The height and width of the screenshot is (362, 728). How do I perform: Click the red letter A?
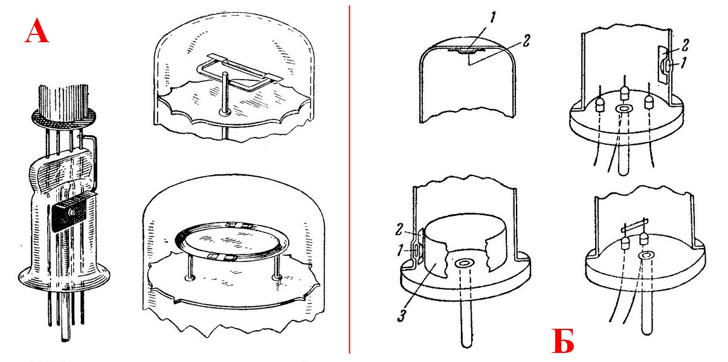pyautogui.click(x=37, y=30)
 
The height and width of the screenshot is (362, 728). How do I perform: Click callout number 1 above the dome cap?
pyautogui.click(x=493, y=17)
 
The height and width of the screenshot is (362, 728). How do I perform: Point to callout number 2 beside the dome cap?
pyautogui.click(x=526, y=40)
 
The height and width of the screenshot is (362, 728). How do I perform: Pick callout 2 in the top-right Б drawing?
pyautogui.click(x=685, y=45)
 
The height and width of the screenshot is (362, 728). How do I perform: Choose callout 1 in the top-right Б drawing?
pyautogui.click(x=683, y=63)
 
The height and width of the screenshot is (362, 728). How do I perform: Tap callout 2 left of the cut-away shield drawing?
pyautogui.click(x=399, y=229)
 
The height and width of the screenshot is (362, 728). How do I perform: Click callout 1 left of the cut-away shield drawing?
pyautogui.click(x=401, y=250)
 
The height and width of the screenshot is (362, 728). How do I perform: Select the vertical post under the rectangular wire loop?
pyautogui.click(x=225, y=94)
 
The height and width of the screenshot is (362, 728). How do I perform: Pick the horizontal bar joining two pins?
pyautogui.click(x=635, y=226)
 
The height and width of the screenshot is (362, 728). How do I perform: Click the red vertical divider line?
pyautogui.click(x=350, y=179)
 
